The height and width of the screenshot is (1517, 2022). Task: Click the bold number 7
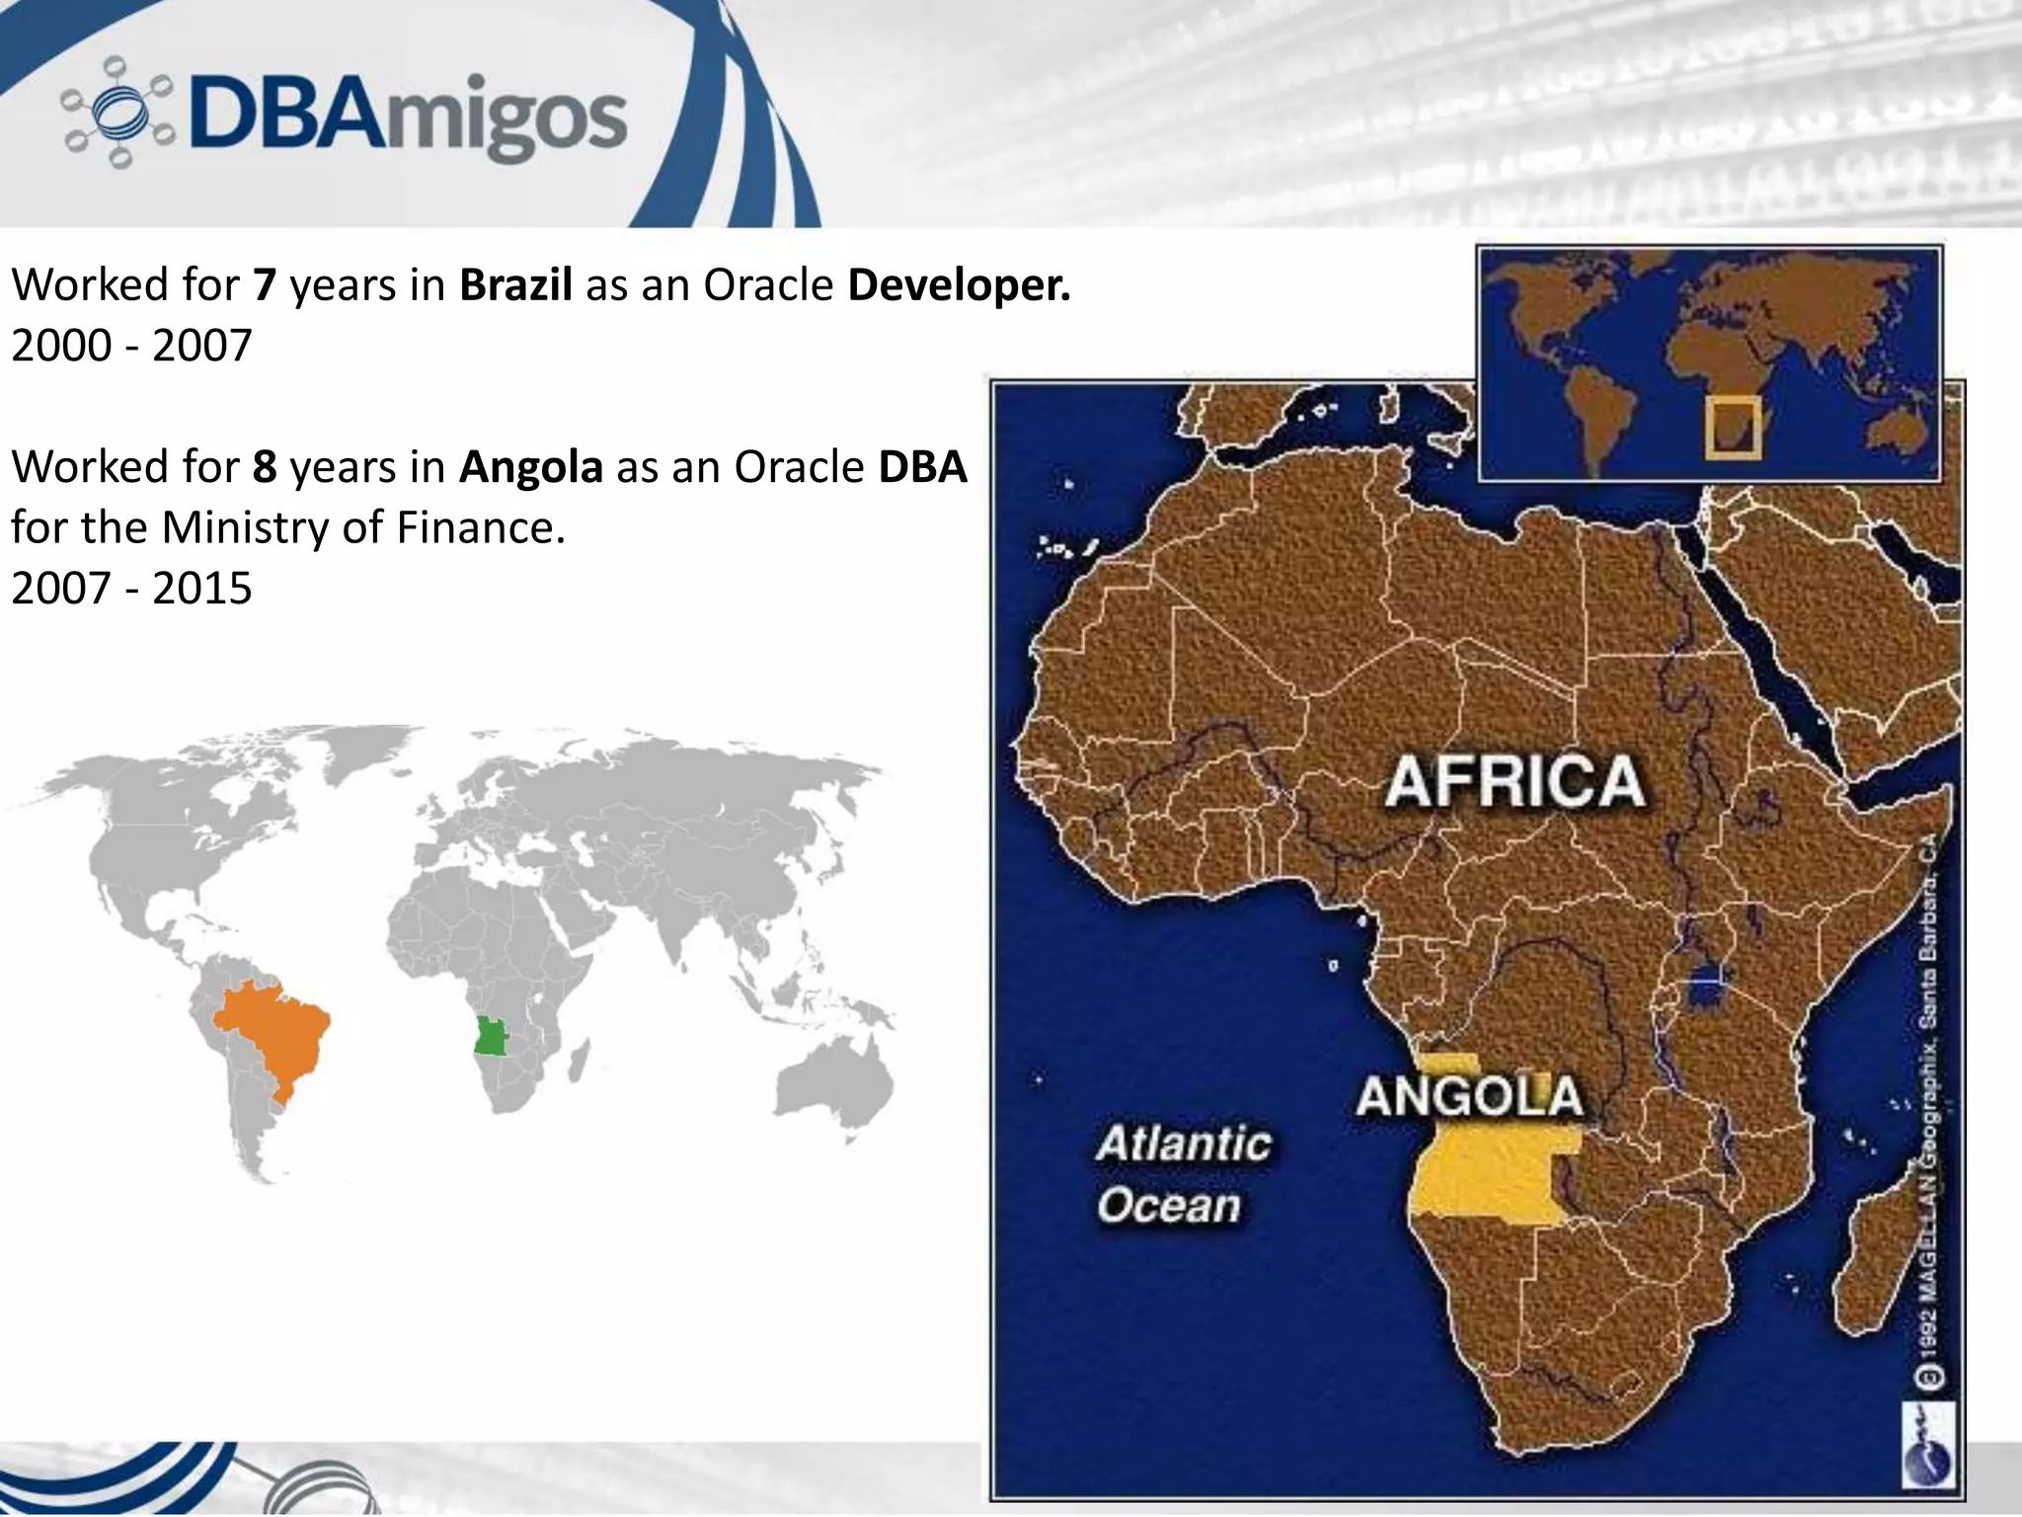[264, 284]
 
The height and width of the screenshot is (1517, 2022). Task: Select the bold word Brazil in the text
[515, 284]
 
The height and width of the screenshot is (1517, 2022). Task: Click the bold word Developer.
[959, 284]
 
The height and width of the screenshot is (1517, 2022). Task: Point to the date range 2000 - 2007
[131, 346]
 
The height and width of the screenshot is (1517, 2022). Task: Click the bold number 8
[264, 467]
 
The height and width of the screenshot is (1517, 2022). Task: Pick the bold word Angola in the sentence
[530, 467]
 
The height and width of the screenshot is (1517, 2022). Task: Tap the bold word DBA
[922, 467]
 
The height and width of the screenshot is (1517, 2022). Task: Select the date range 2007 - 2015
[131, 589]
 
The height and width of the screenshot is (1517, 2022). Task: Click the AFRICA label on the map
[1515, 781]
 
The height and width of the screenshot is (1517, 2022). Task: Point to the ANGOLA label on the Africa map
[1468, 1096]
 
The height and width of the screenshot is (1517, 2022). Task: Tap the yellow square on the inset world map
[1733, 428]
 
